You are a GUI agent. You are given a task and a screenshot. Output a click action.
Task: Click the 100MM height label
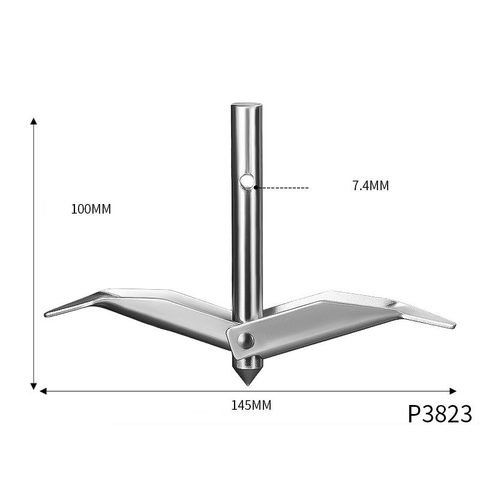pos(91,209)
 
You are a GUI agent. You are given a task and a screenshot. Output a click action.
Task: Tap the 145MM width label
pos(251,405)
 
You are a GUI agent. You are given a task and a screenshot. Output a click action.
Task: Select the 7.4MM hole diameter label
pos(370,186)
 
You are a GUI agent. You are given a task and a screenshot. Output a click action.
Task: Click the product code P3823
pos(440,414)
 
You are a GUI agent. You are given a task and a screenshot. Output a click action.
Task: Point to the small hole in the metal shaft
pos(246,181)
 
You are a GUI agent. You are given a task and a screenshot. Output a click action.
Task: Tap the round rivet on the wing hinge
pos(244,341)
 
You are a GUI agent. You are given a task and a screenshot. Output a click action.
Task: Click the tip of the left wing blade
pos(47,314)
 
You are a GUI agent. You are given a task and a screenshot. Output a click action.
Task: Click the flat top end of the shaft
pos(247,105)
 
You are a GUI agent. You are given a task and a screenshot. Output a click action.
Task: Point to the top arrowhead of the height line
pos(34,122)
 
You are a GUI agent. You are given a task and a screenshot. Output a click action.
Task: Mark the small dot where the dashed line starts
pos(256,188)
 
